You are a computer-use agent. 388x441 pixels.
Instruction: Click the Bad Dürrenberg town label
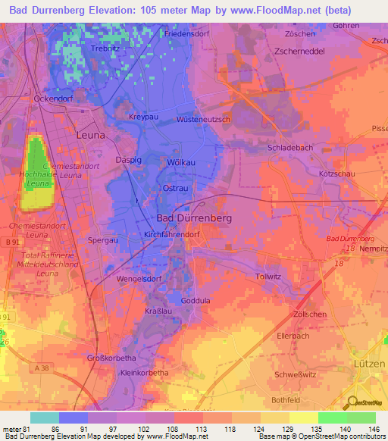[x=193, y=217]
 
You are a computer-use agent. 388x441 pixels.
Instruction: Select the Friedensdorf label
[x=187, y=34]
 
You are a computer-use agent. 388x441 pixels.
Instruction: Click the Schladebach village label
[x=292, y=148]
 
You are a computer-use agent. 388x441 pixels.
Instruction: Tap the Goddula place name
[x=196, y=300]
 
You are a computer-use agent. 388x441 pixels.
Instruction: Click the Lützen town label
[x=370, y=364]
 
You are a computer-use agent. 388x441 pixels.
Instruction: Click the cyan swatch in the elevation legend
[x=44, y=418]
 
